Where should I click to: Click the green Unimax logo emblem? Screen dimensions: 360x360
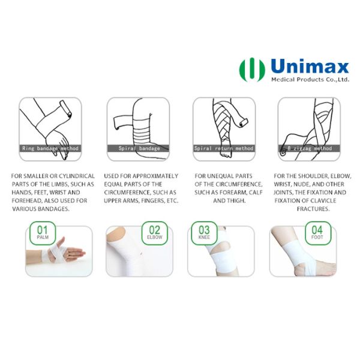pos(252,70)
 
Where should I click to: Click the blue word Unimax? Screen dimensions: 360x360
pos(310,67)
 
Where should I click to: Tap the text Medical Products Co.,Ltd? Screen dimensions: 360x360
pos(310,80)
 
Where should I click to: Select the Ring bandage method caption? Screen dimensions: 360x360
pos(50,148)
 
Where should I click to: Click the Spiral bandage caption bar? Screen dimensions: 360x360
pos(138,148)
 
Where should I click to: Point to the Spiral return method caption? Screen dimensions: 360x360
pos(224,148)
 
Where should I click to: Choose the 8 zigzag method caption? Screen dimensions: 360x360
pos(309,148)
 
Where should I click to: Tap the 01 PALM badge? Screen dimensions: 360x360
pos(43,233)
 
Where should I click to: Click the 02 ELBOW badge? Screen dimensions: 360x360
pos(155,233)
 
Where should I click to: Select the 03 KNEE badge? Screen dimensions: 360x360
pos(204,233)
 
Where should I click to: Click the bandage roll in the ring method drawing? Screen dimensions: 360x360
pos(65,110)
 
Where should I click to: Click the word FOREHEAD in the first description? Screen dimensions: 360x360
pos(26,200)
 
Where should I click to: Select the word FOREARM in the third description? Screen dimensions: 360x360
pos(234,193)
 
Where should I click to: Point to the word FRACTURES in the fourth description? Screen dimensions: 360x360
pos(313,209)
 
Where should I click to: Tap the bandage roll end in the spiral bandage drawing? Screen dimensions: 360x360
pos(116,127)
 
